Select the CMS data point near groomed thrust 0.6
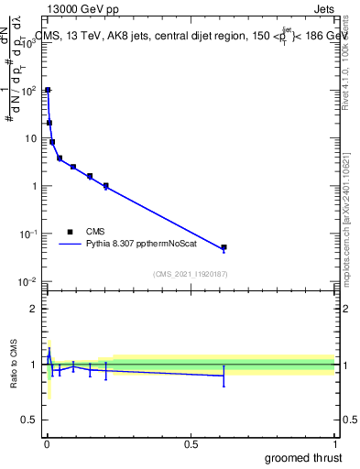click(x=224, y=247)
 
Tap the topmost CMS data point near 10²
click(x=48, y=90)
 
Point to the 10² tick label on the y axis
click(x=29, y=91)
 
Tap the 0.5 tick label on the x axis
click(x=191, y=444)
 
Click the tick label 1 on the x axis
click(x=334, y=444)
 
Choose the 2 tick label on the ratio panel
click(x=33, y=309)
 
